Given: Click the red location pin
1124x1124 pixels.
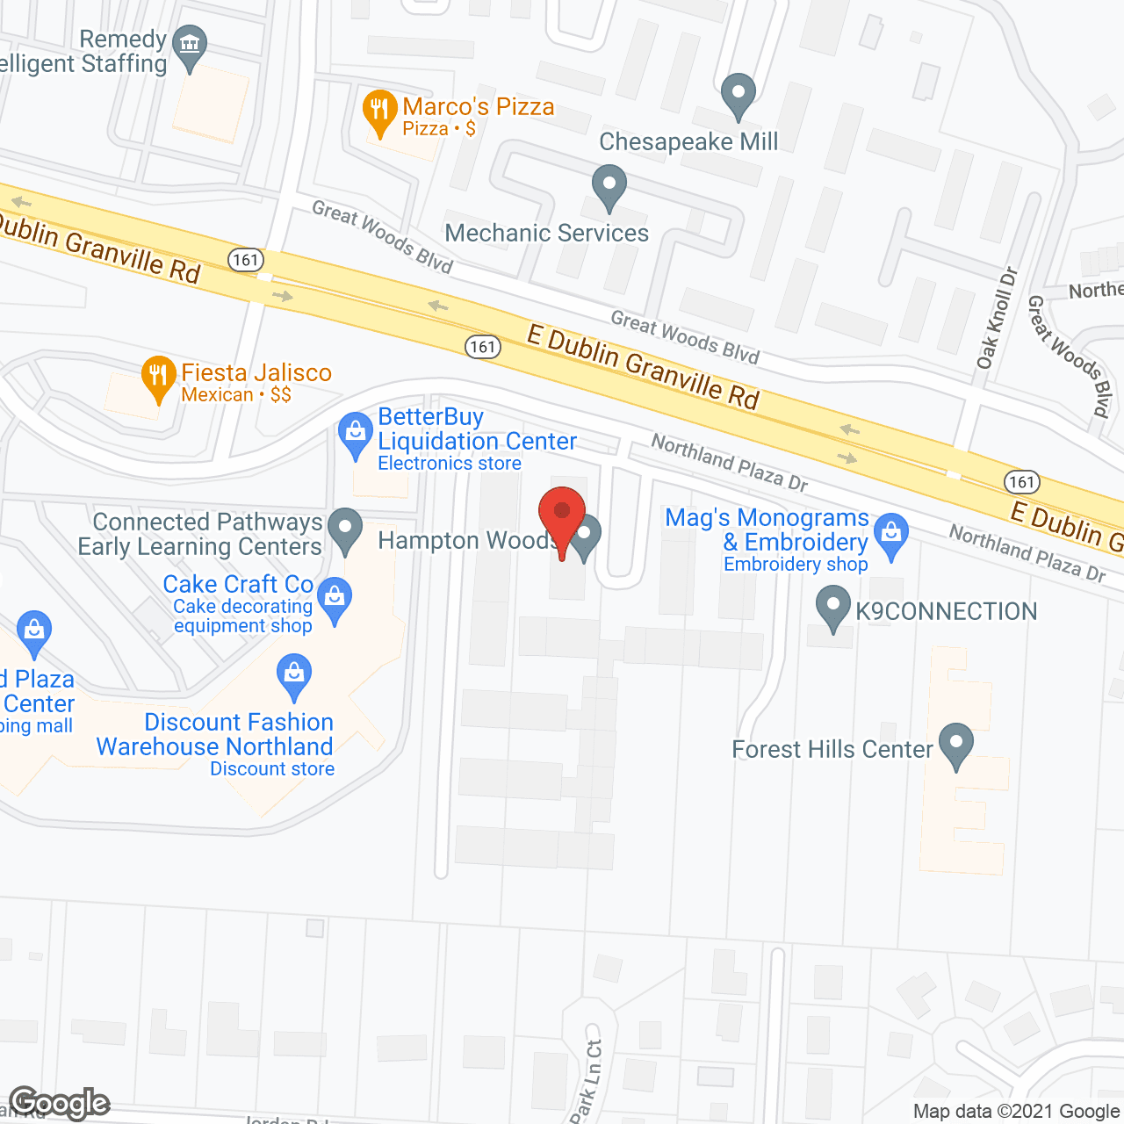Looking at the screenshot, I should [562, 514].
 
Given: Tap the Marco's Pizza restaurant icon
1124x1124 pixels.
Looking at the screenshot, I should [379, 111].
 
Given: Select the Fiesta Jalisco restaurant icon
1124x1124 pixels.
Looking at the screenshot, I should [158, 377].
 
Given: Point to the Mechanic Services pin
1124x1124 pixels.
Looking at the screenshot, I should [609, 185].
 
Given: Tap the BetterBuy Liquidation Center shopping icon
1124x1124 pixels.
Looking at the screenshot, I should [356, 434].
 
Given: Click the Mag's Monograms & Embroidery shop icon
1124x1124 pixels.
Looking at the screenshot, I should [892, 534].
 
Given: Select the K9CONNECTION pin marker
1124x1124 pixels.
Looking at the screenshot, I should [832, 608].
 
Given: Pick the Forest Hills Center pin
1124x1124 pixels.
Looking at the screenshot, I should [956, 745].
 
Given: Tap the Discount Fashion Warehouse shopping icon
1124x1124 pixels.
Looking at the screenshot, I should [294, 675].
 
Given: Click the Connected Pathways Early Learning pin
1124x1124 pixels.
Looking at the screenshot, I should [345, 530].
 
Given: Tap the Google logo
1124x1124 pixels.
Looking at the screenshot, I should [60, 1103].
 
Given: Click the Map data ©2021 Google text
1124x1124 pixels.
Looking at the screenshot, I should [1016, 1112].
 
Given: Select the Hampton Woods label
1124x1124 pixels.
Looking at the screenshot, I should [465, 541].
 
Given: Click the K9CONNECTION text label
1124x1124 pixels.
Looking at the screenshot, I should [947, 611].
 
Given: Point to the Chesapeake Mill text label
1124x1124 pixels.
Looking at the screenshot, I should [688, 141].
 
